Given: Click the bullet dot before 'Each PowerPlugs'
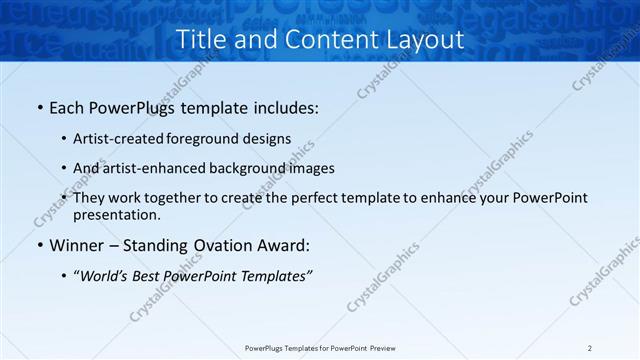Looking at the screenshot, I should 38,106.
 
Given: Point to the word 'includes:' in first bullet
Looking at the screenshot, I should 284,106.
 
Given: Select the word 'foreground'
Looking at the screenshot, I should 206,139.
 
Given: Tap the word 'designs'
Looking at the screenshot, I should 267,139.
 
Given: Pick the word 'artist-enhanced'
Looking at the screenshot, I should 160,168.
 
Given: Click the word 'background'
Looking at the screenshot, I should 254,168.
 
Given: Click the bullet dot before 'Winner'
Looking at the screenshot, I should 38,245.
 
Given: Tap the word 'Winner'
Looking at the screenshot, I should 78,245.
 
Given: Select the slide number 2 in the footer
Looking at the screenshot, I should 590,348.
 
